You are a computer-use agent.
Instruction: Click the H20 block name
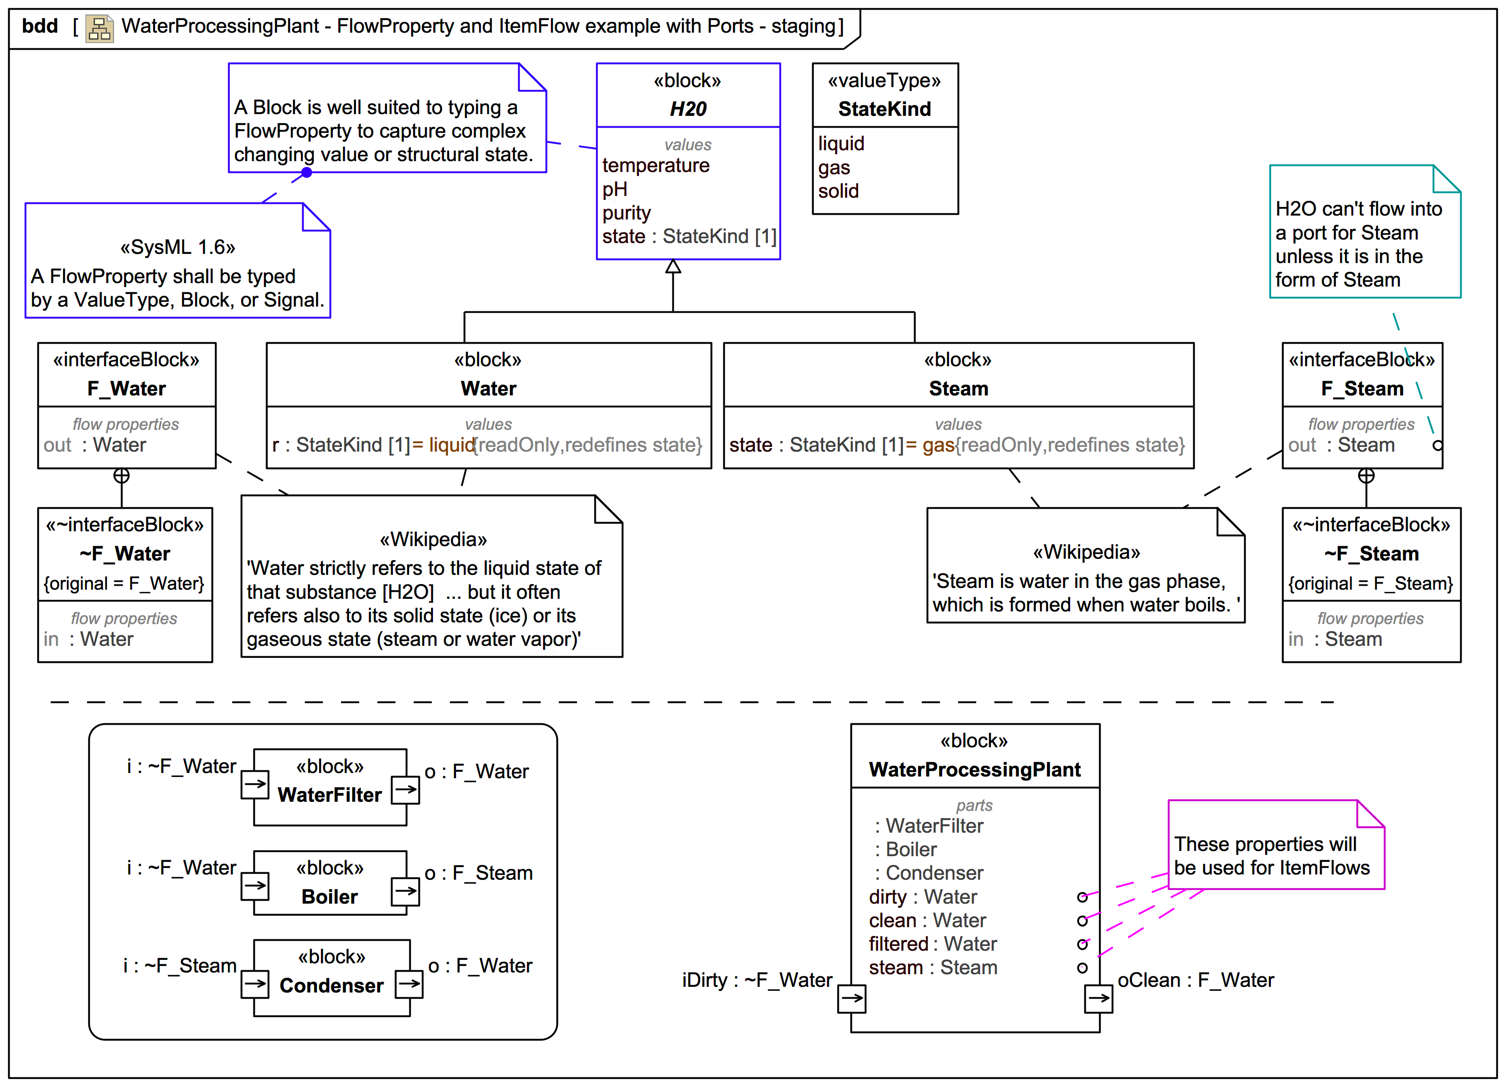click(x=688, y=109)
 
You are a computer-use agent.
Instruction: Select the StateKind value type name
click(x=885, y=109)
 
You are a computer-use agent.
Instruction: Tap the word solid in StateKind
click(x=838, y=191)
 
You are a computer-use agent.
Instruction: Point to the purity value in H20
click(x=626, y=213)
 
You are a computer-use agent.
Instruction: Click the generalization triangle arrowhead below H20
click(x=673, y=266)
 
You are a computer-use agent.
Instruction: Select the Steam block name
click(x=958, y=388)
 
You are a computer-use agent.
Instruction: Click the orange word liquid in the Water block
click(x=452, y=445)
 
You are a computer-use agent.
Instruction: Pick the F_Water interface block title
click(x=126, y=388)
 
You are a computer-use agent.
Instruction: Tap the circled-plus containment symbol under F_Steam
click(x=1366, y=476)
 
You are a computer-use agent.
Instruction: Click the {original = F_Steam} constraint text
click(x=1371, y=584)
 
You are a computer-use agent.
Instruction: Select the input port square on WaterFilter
click(x=255, y=784)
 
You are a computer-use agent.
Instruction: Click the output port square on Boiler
click(x=405, y=891)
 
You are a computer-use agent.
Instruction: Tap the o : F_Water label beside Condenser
click(x=480, y=966)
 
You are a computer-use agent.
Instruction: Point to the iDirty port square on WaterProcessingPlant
click(x=851, y=999)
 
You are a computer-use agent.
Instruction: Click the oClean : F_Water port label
click(x=1195, y=981)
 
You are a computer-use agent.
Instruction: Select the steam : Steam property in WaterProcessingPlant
click(x=933, y=968)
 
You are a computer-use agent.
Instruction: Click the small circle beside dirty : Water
click(x=1082, y=898)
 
